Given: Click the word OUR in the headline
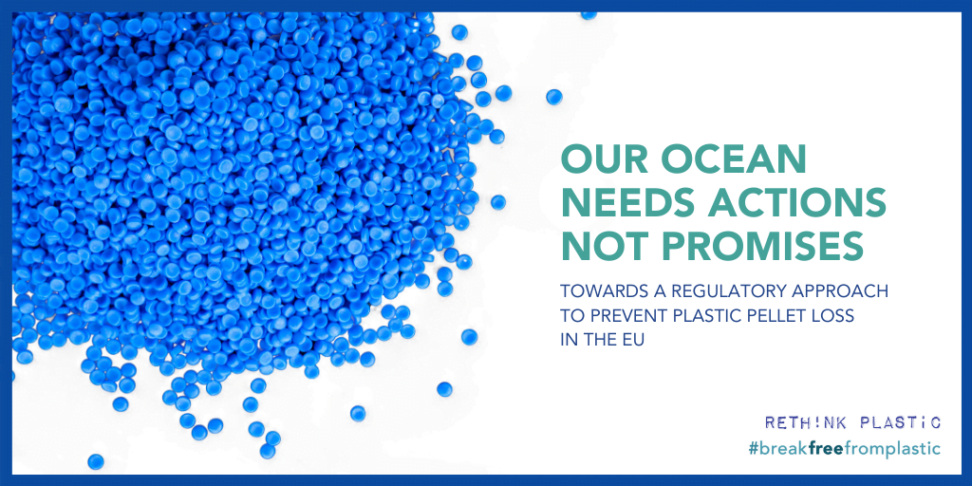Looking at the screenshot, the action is click(x=601, y=160).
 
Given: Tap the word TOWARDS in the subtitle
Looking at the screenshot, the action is click(x=592, y=290).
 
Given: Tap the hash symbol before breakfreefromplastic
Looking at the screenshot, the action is click(x=754, y=449).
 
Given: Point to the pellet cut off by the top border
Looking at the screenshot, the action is click(x=589, y=15).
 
